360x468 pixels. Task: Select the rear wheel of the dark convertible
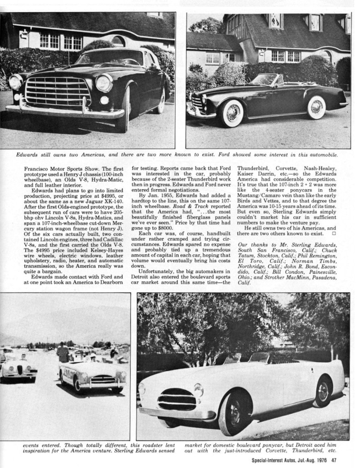point(317,107)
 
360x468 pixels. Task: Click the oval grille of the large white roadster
point(176,399)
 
